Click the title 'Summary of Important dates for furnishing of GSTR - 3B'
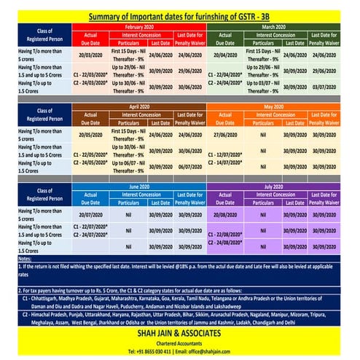[180, 16]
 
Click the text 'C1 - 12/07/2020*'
[227, 154]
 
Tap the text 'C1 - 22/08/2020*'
[227, 235]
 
